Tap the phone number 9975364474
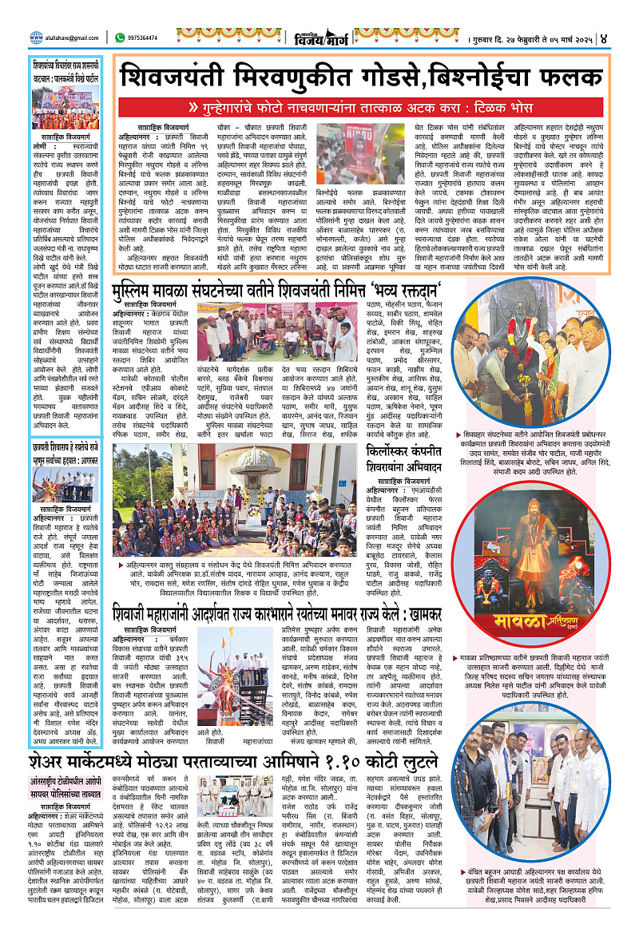(x=146, y=37)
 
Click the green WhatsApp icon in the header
(x=120, y=37)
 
